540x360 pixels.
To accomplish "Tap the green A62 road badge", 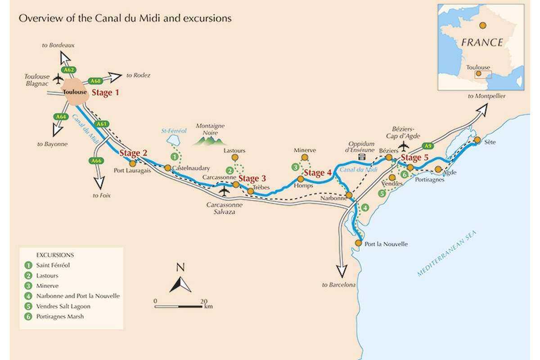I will point(68,70).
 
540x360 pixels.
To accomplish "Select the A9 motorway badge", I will point(428,146).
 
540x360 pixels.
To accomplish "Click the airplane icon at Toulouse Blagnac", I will point(58,79).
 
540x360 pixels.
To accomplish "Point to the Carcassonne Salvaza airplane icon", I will point(224,191).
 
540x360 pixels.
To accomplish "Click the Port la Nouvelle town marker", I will point(358,243).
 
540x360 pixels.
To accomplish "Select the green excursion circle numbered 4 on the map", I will point(365,207).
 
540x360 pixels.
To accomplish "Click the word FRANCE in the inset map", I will point(481,43).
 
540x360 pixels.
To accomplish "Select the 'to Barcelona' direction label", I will point(339,285).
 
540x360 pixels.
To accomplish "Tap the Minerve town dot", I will point(304,157).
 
